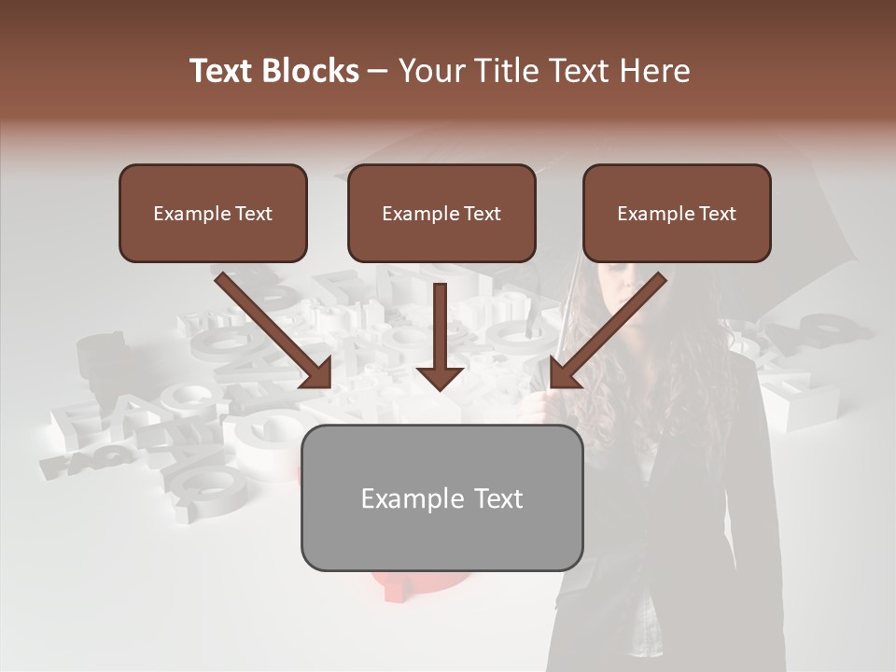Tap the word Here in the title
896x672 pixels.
(654, 71)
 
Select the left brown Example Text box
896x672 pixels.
(213, 213)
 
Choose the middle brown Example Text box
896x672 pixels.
(441, 213)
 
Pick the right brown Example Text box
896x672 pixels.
(677, 213)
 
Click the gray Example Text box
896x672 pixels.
(441, 497)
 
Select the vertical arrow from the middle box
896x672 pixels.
(441, 327)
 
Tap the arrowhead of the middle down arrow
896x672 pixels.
(441, 377)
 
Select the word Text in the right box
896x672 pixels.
(717, 213)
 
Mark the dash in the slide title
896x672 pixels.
(378, 71)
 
